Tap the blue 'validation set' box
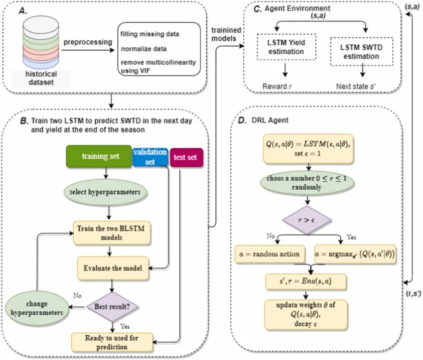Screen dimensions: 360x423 tap(150, 157)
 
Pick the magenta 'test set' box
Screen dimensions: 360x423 tap(186, 157)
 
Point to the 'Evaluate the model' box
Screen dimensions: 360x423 tap(112, 268)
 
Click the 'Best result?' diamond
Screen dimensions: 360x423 tap(112, 306)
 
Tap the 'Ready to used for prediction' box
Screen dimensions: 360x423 tap(112, 342)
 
